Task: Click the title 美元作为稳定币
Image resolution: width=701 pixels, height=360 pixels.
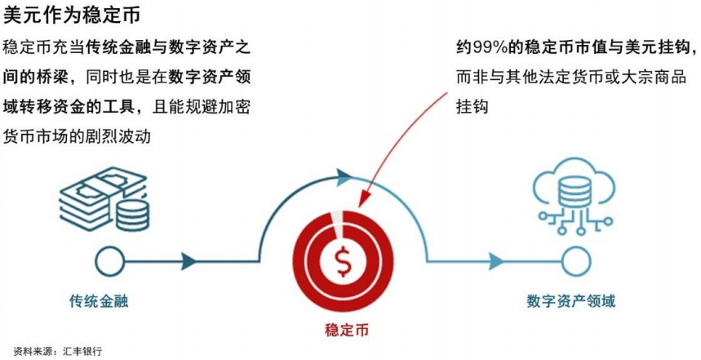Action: pyautogui.click(x=72, y=15)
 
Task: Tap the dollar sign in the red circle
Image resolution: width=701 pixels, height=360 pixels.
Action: pyautogui.click(x=344, y=261)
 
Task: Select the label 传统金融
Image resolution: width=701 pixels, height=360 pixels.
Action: pyautogui.click(x=99, y=301)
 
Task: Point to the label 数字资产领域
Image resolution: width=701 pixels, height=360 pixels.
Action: pyautogui.click(x=571, y=300)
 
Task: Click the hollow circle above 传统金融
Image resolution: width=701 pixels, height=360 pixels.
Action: pyautogui.click(x=110, y=261)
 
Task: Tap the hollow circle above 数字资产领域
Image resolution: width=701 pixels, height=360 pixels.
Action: pyautogui.click(x=576, y=261)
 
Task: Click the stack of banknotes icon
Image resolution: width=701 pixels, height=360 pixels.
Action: pyautogui.click(x=103, y=195)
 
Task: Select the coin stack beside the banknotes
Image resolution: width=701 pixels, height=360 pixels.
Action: pyautogui.click(x=132, y=215)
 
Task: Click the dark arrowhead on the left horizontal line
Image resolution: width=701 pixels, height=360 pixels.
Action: pyautogui.click(x=189, y=261)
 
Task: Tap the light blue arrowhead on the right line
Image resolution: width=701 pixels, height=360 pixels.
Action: pyautogui.click(x=496, y=261)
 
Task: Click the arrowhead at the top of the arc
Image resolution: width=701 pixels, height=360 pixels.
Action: pyautogui.click(x=344, y=177)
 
